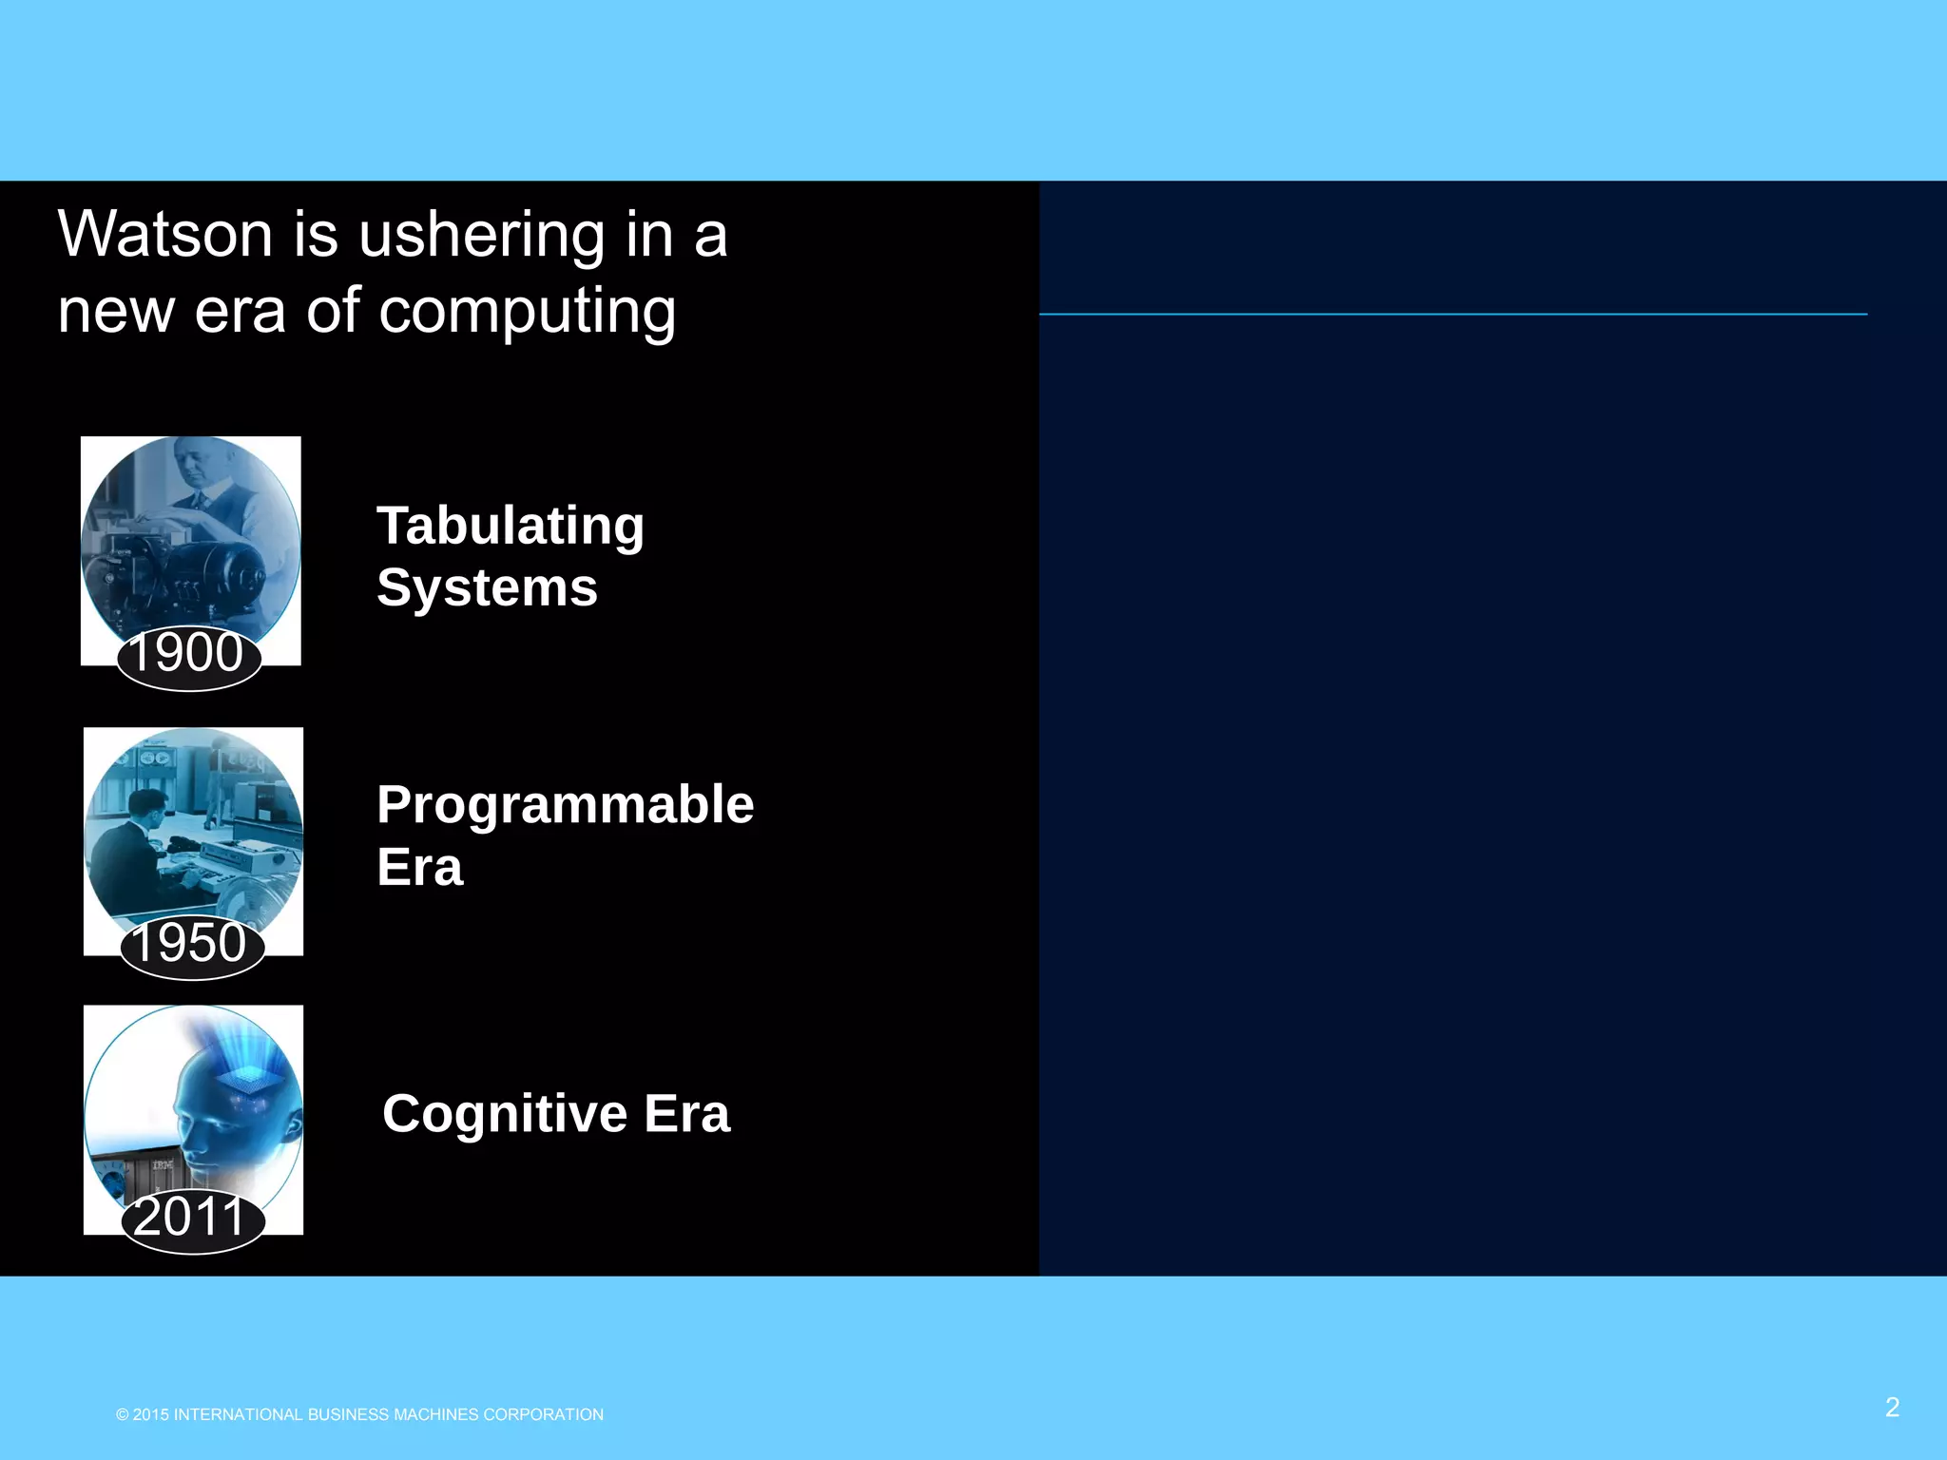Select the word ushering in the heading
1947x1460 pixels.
481,234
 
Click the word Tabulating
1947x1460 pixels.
511,527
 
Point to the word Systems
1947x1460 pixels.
487,587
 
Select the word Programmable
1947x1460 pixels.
565,805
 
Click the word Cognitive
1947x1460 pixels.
504,1114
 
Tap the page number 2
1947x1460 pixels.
1892,1408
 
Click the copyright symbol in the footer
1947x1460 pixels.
122,1415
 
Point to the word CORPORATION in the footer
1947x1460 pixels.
543,1415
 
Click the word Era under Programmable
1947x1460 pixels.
419,868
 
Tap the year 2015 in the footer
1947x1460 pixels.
150,1415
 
